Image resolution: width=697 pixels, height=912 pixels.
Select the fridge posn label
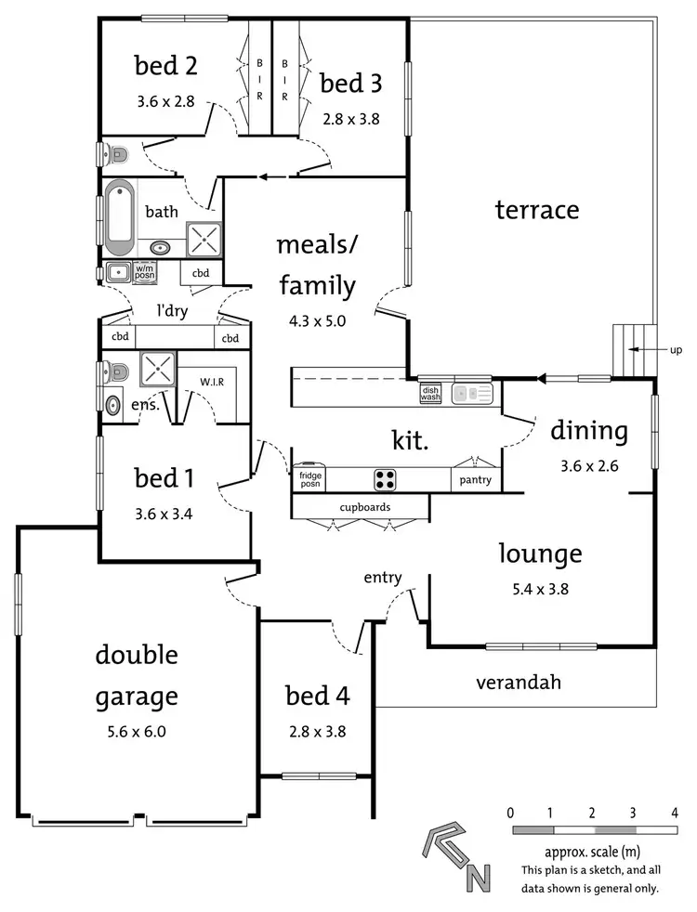[309, 479]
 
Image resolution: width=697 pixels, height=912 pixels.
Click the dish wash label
[430, 394]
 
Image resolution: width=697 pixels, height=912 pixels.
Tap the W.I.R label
[213, 381]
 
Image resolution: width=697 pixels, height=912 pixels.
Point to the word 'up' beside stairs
[675, 350]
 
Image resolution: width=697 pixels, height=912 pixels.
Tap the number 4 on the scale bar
[673, 813]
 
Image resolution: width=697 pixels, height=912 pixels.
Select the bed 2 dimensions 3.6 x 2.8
[164, 101]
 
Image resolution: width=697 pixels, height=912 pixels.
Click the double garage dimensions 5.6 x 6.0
[136, 731]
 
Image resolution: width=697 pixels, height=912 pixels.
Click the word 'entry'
[383, 578]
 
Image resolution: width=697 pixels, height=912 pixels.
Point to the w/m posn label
[144, 273]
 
